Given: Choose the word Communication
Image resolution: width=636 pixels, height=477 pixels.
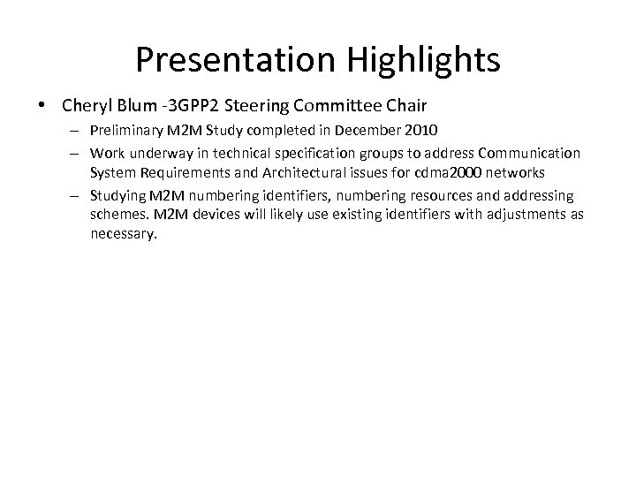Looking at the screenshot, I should [x=529, y=152].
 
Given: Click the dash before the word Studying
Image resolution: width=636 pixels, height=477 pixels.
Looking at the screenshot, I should [x=75, y=194].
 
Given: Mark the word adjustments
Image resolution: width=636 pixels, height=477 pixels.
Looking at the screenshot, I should [x=524, y=215].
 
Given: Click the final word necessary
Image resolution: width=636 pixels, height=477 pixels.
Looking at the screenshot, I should [x=123, y=234].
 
